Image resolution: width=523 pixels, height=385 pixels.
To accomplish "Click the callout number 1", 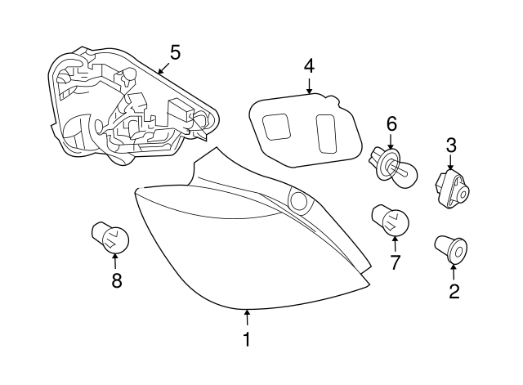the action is [247, 339].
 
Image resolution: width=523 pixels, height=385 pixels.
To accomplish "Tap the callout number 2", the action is [454, 291].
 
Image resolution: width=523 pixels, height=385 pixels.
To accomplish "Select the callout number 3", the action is [451, 145].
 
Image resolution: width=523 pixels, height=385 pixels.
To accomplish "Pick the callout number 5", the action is [175, 52].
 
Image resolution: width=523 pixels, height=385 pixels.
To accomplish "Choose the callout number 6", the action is [391, 124].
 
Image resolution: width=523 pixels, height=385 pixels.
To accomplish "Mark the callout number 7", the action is [395, 262].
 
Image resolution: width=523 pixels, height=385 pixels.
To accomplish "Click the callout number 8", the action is [116, 280].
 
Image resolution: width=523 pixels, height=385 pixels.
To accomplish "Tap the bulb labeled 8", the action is [110, 239].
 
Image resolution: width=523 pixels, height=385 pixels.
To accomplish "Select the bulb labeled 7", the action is [391, 222].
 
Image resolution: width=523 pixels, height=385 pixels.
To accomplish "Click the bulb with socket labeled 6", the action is [392, 165].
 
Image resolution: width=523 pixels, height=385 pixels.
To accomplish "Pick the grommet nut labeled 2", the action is [451, 249].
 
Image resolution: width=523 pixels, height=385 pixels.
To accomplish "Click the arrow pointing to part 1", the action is [247, 317].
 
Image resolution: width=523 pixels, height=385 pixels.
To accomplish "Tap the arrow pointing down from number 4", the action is [309, 86].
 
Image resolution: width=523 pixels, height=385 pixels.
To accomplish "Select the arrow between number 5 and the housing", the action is [163, 68].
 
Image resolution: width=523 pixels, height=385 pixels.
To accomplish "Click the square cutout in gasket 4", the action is [276, 127].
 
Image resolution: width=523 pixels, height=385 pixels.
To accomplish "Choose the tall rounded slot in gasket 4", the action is [326, 134].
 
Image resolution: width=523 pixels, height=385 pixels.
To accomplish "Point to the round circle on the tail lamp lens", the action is [299, 200].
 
